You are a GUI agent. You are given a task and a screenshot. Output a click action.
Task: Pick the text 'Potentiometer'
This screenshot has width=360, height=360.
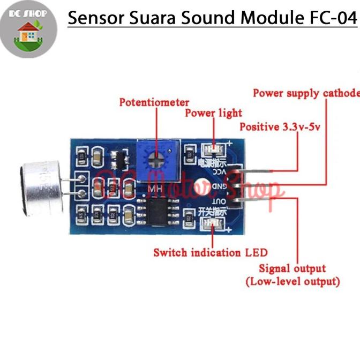pos(154,102)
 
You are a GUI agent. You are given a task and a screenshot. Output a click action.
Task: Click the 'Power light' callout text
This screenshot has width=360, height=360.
pos(213,113)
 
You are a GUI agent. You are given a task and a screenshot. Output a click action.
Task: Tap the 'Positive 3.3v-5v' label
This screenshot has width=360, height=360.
pos(278,127)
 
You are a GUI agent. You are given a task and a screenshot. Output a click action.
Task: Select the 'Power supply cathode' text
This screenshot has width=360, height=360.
pos(306,93)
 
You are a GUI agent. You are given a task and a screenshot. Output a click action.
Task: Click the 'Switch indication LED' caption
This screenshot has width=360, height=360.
pos(210,252)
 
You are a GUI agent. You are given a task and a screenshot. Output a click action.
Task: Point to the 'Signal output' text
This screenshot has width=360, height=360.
pos(292,268)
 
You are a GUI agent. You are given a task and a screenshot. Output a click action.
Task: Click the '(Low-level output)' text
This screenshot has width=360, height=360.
pos(292,281)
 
